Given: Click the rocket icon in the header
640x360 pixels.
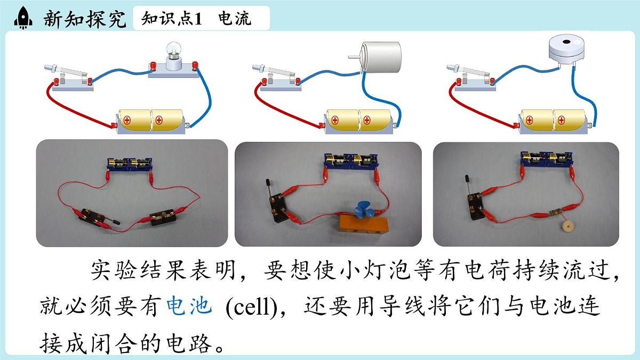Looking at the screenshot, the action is point(23,18).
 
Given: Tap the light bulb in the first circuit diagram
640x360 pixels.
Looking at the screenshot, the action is point(174,51).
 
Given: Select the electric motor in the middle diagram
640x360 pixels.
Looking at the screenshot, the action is point(377,57).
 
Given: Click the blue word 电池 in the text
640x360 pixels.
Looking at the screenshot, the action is point(189,306).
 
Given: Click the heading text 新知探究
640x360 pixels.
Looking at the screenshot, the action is point(85,19).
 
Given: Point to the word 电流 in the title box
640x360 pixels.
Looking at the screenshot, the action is point(235,18).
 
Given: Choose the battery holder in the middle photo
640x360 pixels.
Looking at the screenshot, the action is point(351,162).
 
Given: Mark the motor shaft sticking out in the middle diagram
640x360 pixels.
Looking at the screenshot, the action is point(355,57).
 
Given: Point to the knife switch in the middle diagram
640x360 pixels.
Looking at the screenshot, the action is point(277,78).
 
